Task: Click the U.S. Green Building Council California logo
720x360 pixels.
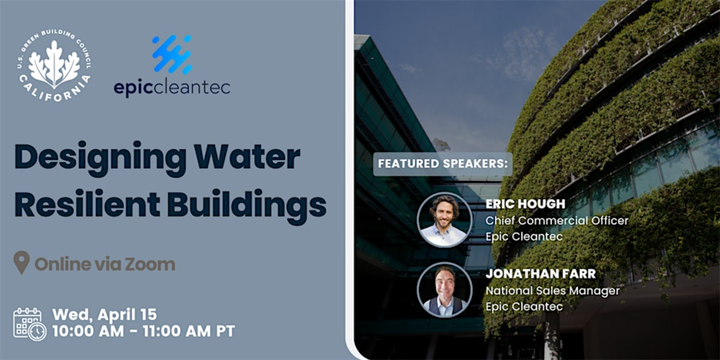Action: point(54,66)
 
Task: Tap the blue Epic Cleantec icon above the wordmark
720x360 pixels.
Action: point(172,55)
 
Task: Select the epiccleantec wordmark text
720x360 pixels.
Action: point(172,87)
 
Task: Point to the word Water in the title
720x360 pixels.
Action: point(247,157)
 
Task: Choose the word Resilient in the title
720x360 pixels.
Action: point(87,204)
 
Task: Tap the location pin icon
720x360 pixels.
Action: point(22,262)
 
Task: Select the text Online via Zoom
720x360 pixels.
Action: point(105,264)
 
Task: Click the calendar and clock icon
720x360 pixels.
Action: point(29,324)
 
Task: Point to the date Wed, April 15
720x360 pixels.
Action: point(104,314)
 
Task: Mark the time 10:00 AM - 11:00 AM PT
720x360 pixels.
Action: point(143,331)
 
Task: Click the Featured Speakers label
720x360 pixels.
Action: point(443,164)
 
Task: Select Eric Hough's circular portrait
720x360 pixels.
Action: point(445,220)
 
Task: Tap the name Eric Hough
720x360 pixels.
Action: point(525,204)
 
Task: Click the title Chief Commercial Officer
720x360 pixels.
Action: point(557,221)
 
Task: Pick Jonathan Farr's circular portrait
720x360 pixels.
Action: point(445,290)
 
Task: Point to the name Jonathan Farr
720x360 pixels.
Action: point(541,274)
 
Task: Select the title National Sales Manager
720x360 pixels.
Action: point(552,291)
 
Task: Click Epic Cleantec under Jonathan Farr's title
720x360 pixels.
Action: point(524,307)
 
